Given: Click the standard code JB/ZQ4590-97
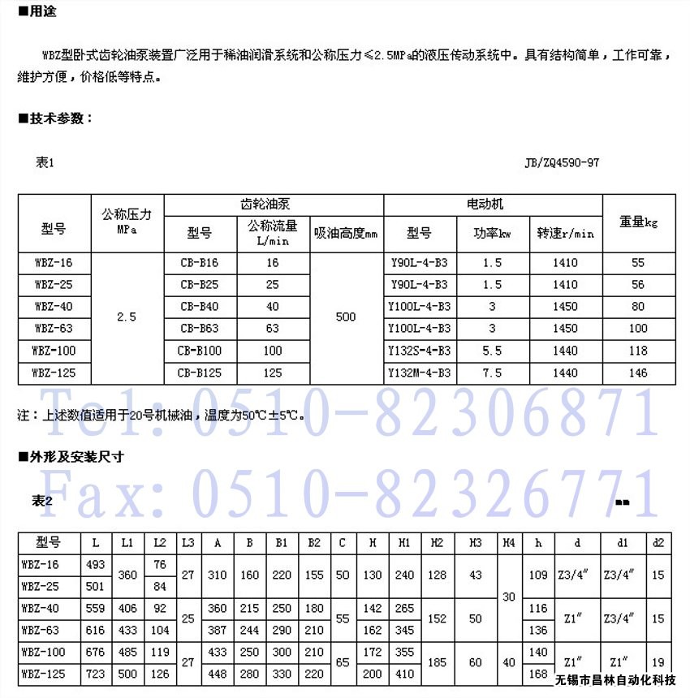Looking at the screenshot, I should (x=562, y=162).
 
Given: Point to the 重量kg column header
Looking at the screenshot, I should (x=638, y=221).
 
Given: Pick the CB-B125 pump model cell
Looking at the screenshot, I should (x=199, y=373).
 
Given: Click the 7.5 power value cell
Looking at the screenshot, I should (x=492, y=373).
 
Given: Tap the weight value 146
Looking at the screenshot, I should (x=638, y=373).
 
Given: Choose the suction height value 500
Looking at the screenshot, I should (x=346, y=317).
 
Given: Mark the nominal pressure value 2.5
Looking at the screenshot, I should (x=126, y=317).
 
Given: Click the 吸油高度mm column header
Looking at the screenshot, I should (x=346, y=234).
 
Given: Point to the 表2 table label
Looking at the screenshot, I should (x=42, y=501).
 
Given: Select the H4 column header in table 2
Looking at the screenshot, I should (x=508, y=542).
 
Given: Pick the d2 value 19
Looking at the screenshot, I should (x=658, y=663).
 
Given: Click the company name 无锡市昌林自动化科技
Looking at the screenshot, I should (x=616, y=680).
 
